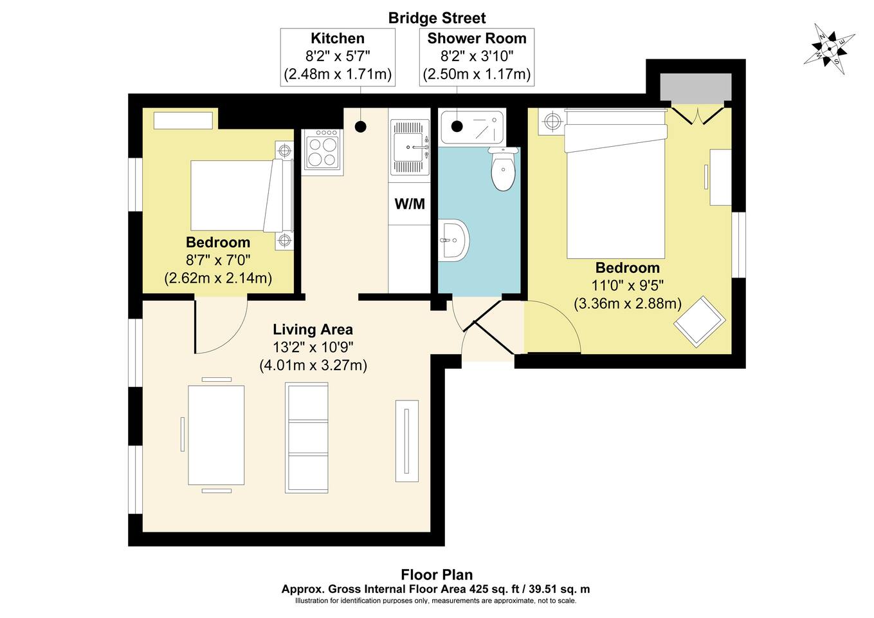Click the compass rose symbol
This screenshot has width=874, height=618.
829,48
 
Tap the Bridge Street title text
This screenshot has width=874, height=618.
437,17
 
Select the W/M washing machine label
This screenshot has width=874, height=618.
410,204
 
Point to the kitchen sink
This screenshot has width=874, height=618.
410,147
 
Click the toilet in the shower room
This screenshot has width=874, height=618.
503,169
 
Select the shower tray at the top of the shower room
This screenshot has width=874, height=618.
471,127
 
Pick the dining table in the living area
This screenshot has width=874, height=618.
216,435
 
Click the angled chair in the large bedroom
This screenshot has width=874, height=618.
700,321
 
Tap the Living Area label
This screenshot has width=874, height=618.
313,330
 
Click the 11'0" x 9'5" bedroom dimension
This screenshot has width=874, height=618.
627,285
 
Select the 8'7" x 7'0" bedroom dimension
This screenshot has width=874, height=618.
218,260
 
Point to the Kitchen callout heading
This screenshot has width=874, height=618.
338,39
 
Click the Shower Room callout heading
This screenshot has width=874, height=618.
477,39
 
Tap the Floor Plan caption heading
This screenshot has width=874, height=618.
437,574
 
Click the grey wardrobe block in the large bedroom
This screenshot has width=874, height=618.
696,87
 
